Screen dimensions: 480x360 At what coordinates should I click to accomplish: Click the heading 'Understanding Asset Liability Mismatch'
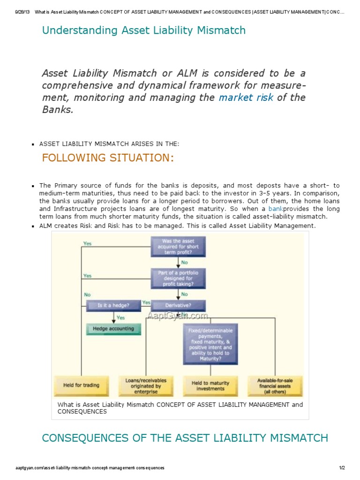tap(143, 30)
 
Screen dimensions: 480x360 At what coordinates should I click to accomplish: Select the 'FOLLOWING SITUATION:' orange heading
tap(108, 157)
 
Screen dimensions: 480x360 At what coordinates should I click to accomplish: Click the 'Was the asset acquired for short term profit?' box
tap(177, 247)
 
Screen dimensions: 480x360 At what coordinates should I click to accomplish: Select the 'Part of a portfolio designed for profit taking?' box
tap(177, 277)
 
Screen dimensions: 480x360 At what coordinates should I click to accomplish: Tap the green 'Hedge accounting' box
tap(113, 329)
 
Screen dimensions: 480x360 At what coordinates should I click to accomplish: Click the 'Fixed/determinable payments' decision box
tap(210, 344)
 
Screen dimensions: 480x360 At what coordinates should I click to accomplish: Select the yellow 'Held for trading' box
tap(81, 385)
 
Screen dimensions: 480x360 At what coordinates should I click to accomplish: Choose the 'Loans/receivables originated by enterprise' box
tap(145, 385)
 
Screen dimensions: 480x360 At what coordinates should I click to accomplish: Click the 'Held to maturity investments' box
tap(210, 385)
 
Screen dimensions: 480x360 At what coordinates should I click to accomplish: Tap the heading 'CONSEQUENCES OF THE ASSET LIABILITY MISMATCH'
tap(185, 438)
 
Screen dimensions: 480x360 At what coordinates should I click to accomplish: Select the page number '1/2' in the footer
tap(342, 468)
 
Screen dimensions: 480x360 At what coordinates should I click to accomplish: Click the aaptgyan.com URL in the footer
tap(90, 468)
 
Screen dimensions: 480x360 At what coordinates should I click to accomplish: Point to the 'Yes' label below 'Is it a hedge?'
tap(120, 317)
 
